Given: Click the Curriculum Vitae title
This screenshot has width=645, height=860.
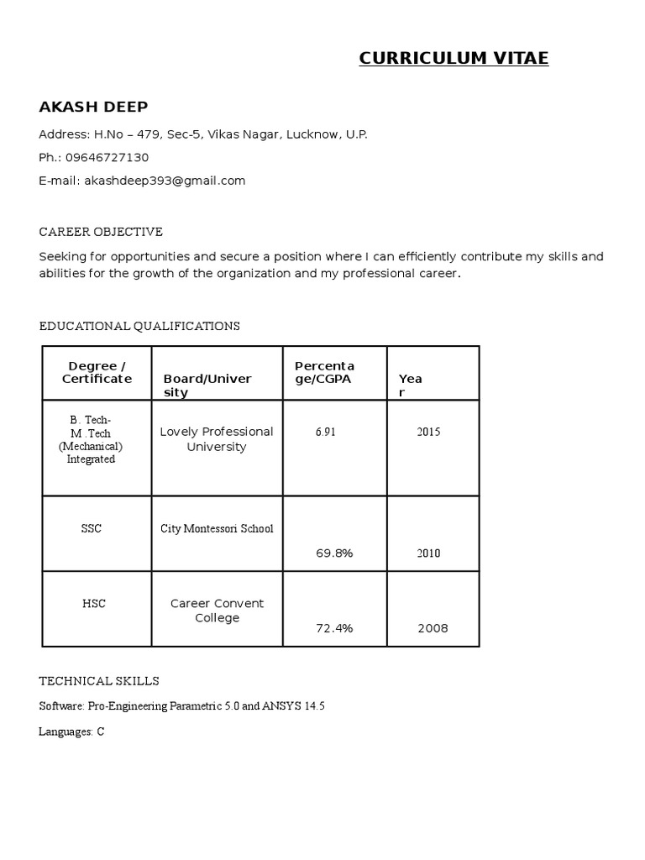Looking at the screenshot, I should [x=454, y=58].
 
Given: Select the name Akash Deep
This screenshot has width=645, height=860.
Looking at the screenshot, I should [x=93, y=107].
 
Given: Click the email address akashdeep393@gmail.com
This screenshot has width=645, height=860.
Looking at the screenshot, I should [x=165, y=181].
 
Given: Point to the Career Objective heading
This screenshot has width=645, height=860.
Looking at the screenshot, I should [x=101, y=232].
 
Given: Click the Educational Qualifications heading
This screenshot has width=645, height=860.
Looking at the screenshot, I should [x=139, y=326].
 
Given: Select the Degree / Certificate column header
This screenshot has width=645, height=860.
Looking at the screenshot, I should [x=97, y=372].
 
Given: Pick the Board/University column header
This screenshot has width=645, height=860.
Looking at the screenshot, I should [x=207, y=385].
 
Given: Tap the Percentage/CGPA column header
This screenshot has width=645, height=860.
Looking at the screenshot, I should [x=324, y=372].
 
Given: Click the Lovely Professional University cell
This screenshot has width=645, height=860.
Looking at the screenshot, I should [x=217, y=439].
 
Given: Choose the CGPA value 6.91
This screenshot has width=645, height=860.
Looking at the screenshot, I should [x=326, y=432].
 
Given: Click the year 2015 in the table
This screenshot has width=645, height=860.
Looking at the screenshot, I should [x=428, y=432].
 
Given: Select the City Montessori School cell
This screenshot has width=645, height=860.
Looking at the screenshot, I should [x=217, y=529].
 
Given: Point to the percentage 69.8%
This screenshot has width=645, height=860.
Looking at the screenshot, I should [x=334, y=553].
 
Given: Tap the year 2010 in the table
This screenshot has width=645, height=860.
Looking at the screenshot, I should [x=428, y=553].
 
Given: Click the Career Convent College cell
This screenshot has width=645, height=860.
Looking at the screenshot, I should [x=217, y=611].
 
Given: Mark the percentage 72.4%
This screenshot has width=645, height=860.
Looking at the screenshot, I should [x=334, y=628].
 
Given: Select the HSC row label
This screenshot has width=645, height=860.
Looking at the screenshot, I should [x=94, y=604].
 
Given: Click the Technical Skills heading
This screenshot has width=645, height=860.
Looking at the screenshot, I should [x=99, y=681].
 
